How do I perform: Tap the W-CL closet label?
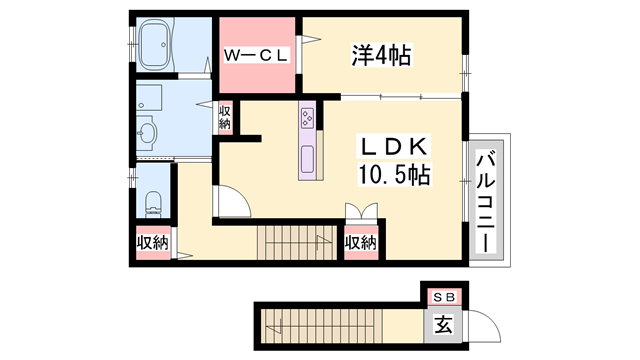[x=256, y=56]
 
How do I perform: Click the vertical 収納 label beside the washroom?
[x=226, y=117]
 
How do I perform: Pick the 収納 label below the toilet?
[x=153, y=243]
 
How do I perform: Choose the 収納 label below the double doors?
[x=360, y=243]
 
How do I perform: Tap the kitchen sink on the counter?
[x=306, y=157]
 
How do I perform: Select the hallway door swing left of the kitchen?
[x=232, y=202]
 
